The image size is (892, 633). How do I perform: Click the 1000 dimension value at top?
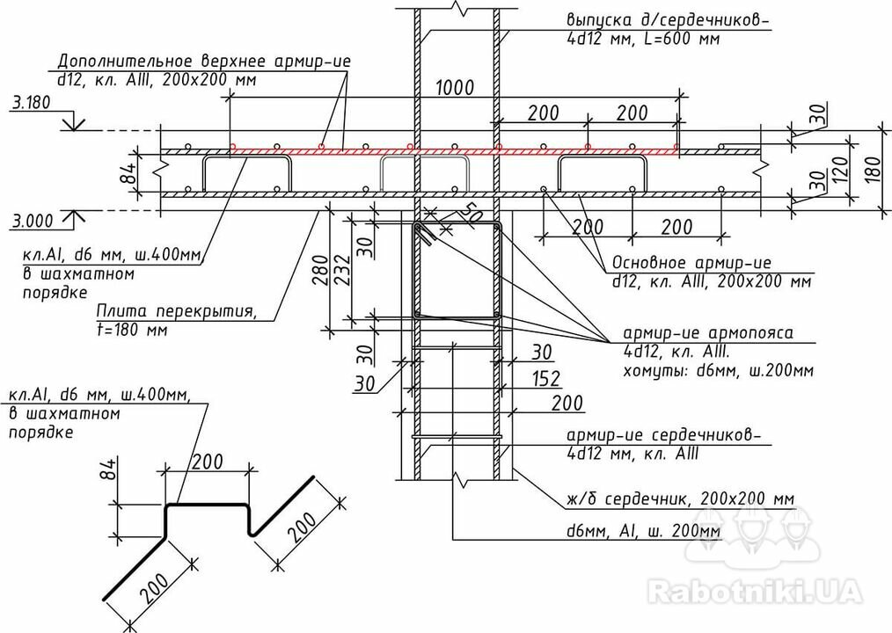coord(455,88)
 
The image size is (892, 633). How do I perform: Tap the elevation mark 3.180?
coord(31,103)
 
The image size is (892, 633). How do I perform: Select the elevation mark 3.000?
coord(33,222)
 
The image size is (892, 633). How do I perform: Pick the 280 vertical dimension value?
coord(320,270)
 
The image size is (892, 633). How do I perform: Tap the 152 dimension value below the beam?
coord(545,379)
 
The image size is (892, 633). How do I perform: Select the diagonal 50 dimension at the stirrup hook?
coord(471,213)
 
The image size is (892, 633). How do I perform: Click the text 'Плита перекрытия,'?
coord(176,312)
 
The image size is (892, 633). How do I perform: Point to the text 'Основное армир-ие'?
coord(691,263)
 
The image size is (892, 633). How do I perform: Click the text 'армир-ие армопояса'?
coord(707,332)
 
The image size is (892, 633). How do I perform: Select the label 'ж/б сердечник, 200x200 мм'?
coord(680,499)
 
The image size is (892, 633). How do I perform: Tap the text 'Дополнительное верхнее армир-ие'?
coord(204,62)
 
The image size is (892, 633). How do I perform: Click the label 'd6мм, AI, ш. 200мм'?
coord(644,531)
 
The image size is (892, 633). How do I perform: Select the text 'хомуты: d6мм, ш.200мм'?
coord(719,371)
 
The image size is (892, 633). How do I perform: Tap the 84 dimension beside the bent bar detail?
coord(111,469)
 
